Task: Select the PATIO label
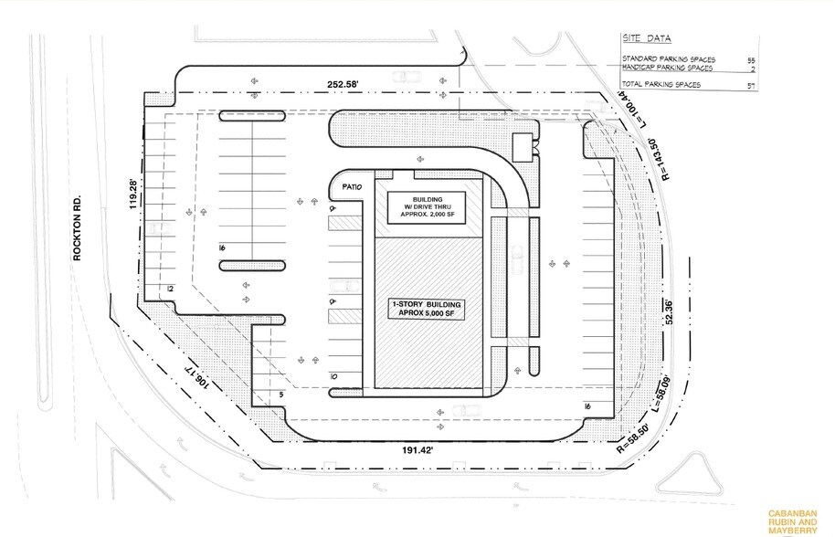(353, 188)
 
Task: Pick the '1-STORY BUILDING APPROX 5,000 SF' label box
(427, 308)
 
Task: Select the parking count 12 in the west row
(170, 289)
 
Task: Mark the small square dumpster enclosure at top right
(523, 144)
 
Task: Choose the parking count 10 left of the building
(334, 375)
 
